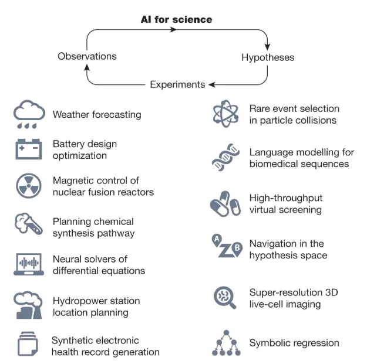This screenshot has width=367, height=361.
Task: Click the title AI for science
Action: (x=177, y=19)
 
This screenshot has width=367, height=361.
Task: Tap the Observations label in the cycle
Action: (x=87, y=56)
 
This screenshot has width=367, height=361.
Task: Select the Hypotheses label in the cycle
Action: (x=268, y=57)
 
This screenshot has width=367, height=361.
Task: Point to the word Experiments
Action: (x=177, y=84)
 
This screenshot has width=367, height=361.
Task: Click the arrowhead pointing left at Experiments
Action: (x=212, y=84)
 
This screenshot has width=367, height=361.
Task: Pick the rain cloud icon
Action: (x=29, y=114)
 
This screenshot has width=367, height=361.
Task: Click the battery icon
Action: (x=29, y=149)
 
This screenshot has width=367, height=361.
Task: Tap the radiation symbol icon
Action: (x=29, y=186)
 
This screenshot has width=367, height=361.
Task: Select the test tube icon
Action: (x=29, y=224)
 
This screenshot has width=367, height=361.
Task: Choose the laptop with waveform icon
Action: (x=29, y=264)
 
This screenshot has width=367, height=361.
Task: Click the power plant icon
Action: (x=28, y=305)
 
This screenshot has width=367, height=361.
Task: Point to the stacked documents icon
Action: (x=28, y=343)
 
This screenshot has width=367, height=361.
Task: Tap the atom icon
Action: (x=225, y=114)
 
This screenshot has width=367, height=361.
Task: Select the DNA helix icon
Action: (x=225, y=157)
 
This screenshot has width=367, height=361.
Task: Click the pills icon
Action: (x=225, y=203)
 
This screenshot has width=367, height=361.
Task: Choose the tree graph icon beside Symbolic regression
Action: (x=226, y=343)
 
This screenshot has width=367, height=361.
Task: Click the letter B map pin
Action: (x=237, y=248)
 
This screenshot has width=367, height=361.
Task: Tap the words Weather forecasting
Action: (x=97, y=114)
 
